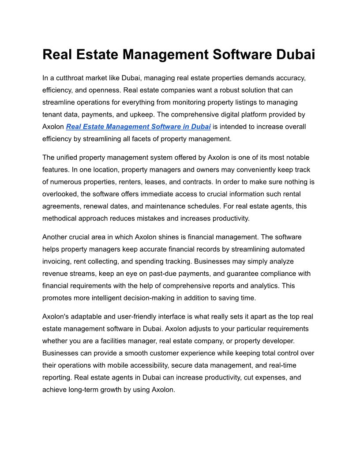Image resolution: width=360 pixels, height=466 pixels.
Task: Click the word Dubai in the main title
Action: pos(296,55)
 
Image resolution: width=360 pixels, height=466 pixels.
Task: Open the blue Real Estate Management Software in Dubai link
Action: pos(138,127)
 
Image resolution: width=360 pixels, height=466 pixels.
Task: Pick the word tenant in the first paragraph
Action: pos(52,114)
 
